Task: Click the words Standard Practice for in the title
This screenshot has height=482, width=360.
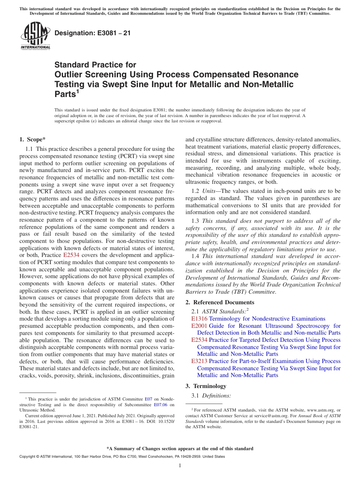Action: pyautogui.click(x=95, y=65)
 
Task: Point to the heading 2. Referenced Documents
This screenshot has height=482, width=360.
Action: pyautogui.click(x=220, y=302)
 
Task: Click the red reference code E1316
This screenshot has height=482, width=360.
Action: pyautogui.click(x=199, y=319)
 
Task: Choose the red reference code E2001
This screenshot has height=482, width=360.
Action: pyautogui.click(x=199, y=326)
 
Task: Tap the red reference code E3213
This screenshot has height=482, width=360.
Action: pyautogui.click(x=199, y=361)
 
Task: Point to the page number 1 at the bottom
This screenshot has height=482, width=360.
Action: pyautogui.click(x=180, y=466)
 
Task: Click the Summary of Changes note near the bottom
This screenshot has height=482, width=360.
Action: pyautogui.click(x=180, y=449)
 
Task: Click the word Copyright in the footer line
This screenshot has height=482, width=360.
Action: pyautogui.click(x=28, y=457)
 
